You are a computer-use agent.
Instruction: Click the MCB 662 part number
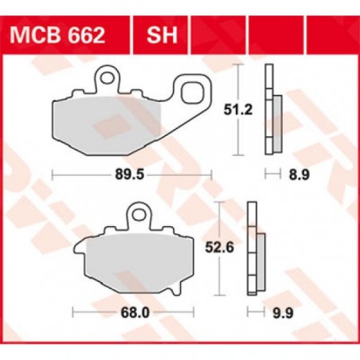click(61, 36)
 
